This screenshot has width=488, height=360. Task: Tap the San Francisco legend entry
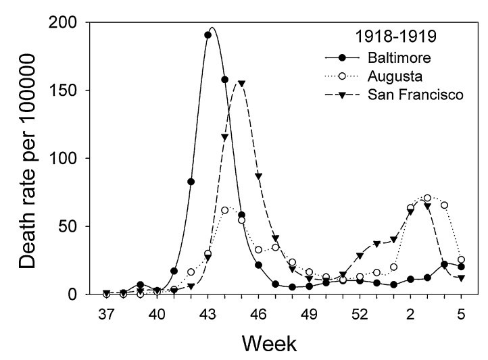(x=424, y=95)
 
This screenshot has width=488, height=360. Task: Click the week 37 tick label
(x=106, y=313)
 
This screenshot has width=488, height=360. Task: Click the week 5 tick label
(x=461, y=313)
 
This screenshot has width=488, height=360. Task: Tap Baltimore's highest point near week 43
(x=208, y=35)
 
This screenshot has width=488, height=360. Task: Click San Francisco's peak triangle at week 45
(x=241, y=84)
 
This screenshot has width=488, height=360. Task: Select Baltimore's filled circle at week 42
(x=191, y=182)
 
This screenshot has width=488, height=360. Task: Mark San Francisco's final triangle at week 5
(x=461, y=278)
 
